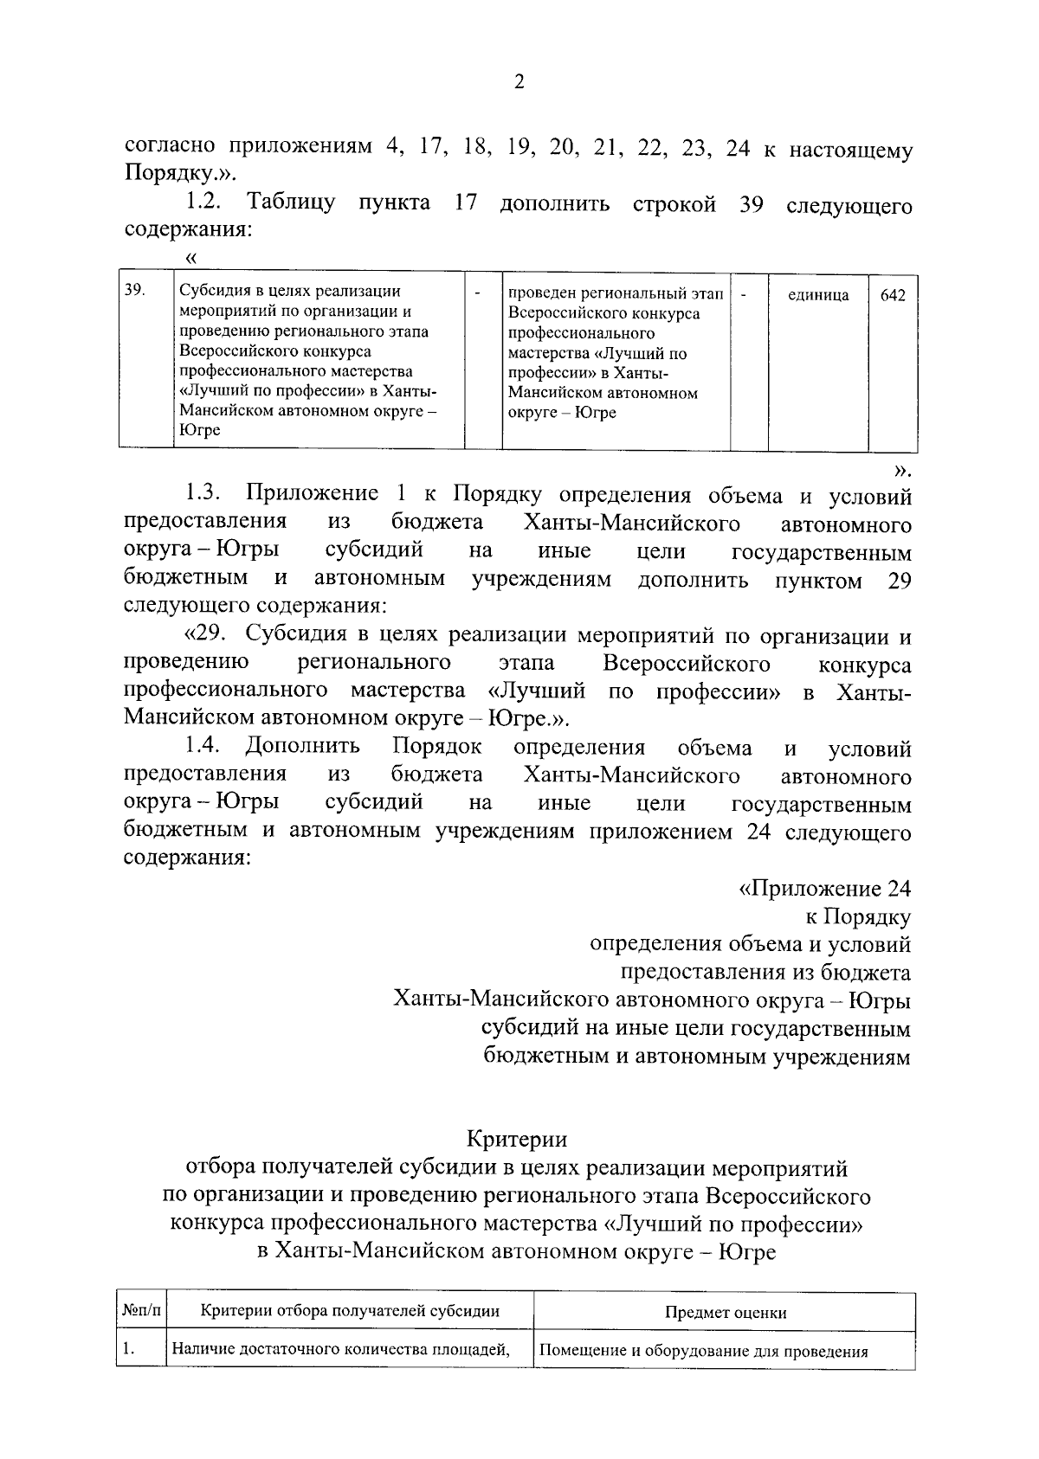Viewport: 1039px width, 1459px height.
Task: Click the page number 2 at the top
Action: point(519,83)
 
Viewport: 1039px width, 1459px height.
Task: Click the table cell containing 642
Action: point(893,296)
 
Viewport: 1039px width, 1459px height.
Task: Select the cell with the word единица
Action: point(818,296)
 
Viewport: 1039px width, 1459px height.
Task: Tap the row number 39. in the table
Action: point(133,291)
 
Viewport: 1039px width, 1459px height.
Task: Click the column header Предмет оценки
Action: point(725,1312)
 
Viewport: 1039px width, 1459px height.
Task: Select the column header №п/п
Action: point(141,1311)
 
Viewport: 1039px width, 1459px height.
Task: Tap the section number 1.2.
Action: point(205,204)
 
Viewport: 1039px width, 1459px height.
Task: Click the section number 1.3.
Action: point(205,494)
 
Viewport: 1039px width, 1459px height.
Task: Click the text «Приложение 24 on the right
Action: point(823,889)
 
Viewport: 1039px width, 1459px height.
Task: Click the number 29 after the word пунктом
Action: point(899,580)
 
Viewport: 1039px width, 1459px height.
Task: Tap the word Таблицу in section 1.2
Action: point(292,204)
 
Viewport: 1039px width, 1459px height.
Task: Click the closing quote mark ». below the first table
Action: point(902,470)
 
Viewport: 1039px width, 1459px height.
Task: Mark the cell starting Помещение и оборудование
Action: point(703,1352)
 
